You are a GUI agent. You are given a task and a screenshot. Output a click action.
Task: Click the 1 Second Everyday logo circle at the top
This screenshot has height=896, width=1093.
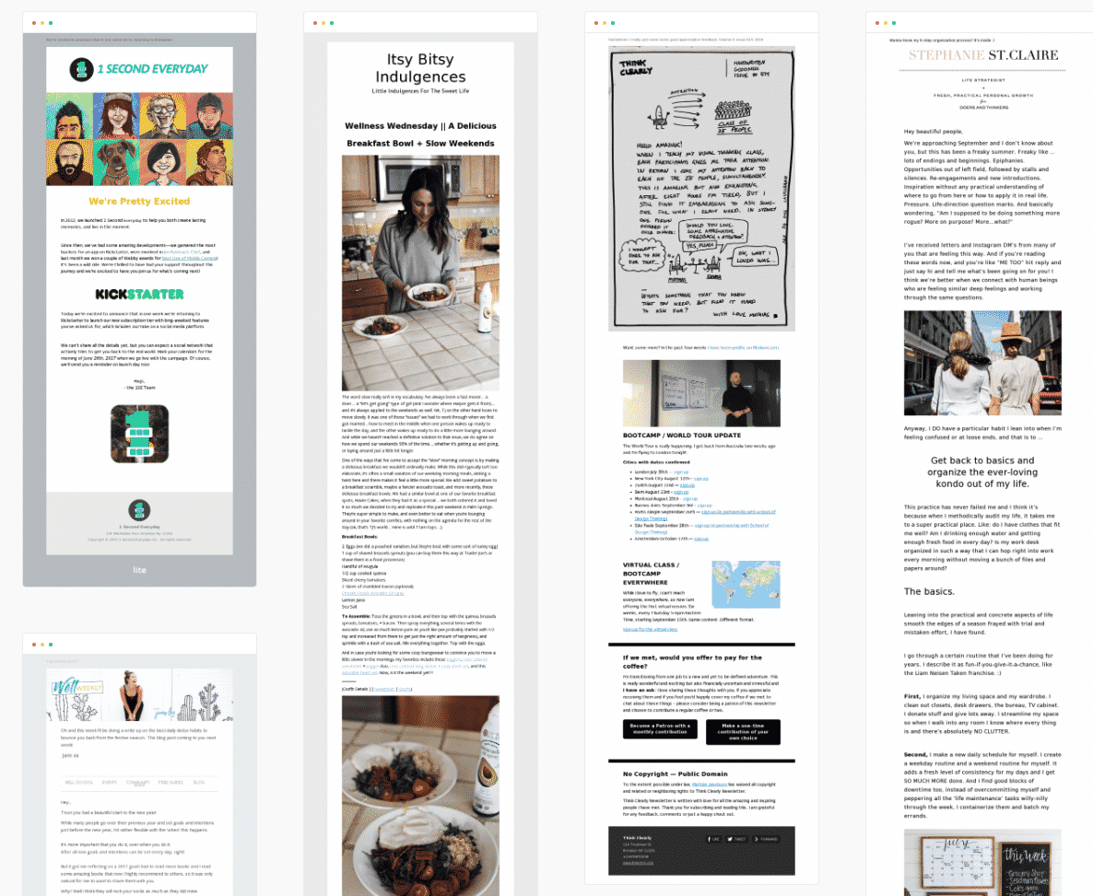tap(84, 69)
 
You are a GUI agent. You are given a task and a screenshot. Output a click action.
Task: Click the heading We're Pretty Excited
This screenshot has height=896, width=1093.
tap(139, 201)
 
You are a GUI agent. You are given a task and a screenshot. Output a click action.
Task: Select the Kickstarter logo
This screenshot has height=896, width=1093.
tap(139, 295)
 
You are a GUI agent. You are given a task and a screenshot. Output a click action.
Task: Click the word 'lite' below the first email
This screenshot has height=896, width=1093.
tap(139, 570)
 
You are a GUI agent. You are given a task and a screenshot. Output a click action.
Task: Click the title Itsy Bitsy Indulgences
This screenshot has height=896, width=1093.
tap(420, 68)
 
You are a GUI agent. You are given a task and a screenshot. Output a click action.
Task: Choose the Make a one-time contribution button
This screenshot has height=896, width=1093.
tap(743, 732)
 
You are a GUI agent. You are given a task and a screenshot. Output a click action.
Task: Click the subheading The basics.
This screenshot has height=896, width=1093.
tap(930, 591)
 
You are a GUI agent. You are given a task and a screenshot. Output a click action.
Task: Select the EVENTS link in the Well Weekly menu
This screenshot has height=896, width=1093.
tap(110, 782)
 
